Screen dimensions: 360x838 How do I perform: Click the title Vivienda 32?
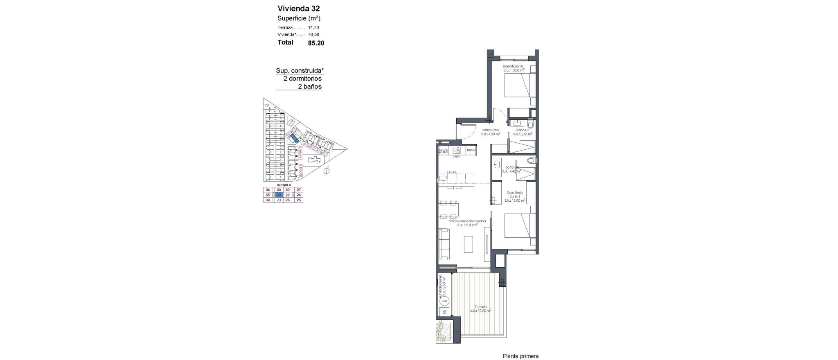299,9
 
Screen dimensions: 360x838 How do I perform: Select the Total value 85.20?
316,43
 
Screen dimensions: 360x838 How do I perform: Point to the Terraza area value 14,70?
313,27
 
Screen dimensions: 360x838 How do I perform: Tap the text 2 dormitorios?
302,79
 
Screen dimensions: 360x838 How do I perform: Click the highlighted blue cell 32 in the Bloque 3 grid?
279,195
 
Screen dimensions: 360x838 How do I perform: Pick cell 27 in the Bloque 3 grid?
299,190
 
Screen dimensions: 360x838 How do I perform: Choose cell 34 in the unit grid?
268,200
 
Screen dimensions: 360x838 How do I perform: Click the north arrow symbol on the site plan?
326,171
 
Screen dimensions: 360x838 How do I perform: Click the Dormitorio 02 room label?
514,66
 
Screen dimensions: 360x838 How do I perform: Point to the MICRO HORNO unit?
444,151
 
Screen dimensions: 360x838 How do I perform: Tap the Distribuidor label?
490,130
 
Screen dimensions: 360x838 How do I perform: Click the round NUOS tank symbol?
444,301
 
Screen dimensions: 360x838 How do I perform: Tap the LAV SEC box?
444,312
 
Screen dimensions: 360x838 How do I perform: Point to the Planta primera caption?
520,356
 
